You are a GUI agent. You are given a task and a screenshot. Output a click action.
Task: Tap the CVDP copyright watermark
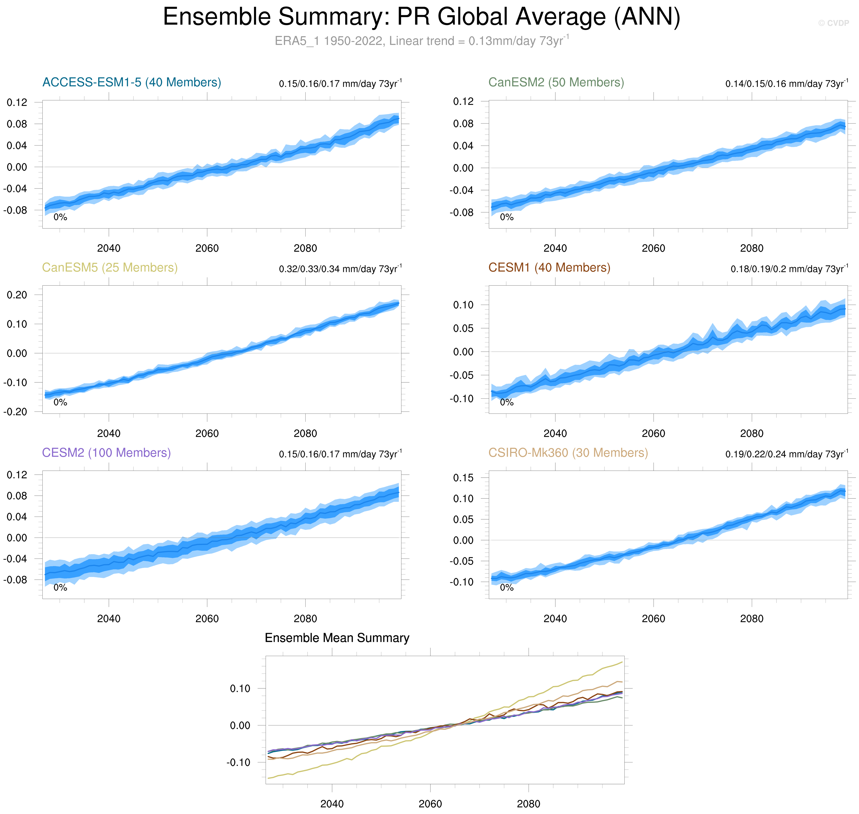click(833, 23)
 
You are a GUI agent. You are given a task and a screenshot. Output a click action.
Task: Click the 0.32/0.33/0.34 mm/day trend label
click(340, 269)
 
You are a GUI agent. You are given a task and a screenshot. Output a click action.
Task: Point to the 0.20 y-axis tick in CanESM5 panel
click(17, 295)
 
